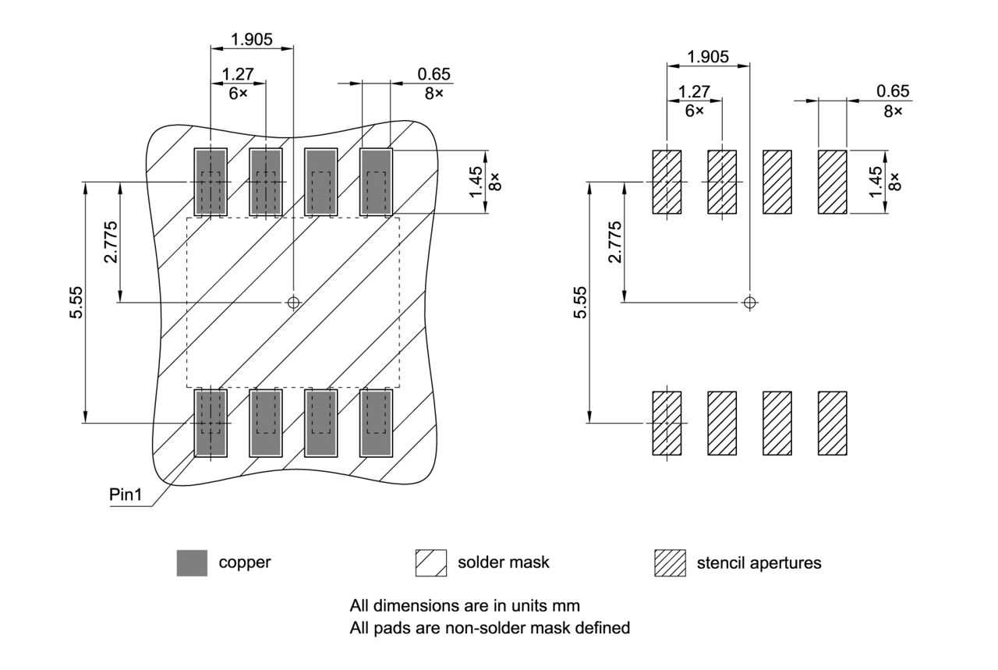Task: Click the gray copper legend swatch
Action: point(192,562)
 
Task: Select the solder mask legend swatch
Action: point(431,562)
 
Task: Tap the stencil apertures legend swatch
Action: point(671,562)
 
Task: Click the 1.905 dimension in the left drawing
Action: point(252,39)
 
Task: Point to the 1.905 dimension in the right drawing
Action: point(708,56)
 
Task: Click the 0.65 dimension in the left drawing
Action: point(434,74)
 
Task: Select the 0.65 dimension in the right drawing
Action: point(893,92)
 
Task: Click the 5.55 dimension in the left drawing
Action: point(76,303)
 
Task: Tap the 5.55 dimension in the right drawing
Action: point(580,303)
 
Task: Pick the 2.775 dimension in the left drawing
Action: point(111,243)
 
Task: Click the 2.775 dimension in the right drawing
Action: point(615,243)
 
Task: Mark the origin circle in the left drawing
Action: point(293,302)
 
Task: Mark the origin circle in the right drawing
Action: point(749,302)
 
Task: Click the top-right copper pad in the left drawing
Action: point(376,182)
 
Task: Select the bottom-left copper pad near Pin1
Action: point(211,423)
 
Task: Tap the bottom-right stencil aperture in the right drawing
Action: point(832,423)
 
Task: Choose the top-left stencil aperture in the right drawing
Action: point(667,182)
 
